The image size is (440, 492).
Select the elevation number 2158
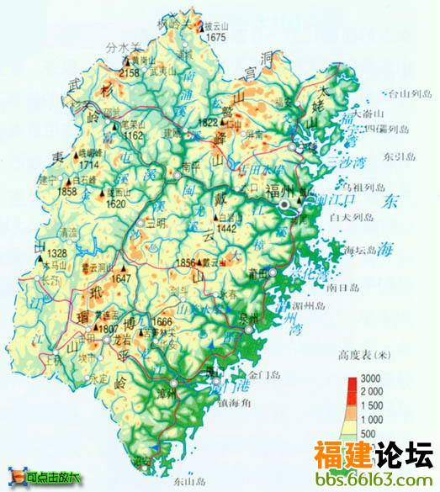130,74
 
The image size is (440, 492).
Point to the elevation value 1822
207,124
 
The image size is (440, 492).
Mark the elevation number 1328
57,253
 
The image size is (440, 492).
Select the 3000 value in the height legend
373,378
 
